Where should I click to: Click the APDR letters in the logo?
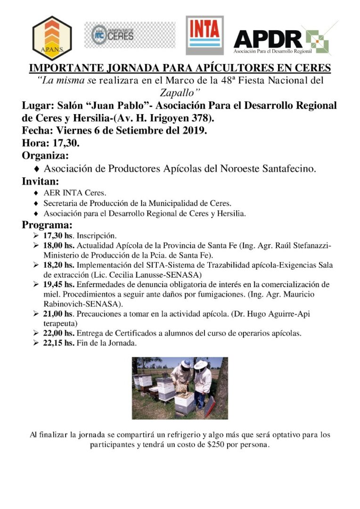click(268, 39)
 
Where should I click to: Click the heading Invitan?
click(41, 181)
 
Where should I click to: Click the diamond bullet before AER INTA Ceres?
click(36, 193)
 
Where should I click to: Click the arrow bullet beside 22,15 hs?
click(36, 344)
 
